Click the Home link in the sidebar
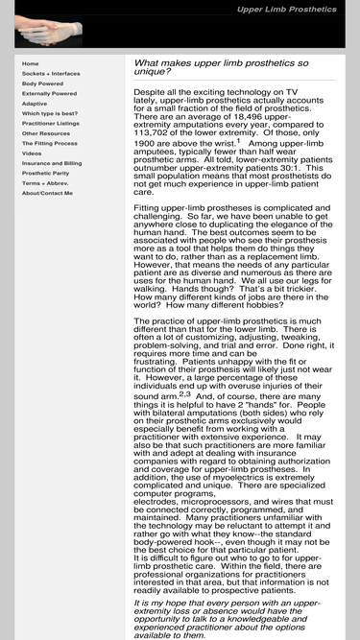click(31, 63)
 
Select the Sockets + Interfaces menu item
click(51, 74)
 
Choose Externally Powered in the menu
click(49, 94)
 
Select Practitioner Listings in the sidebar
click(51, 124)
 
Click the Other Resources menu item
click(44, 133)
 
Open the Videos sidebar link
click(32, 154)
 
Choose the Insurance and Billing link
click(52, 163)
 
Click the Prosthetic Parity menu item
click(44, 174)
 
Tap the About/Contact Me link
click(47, 193)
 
